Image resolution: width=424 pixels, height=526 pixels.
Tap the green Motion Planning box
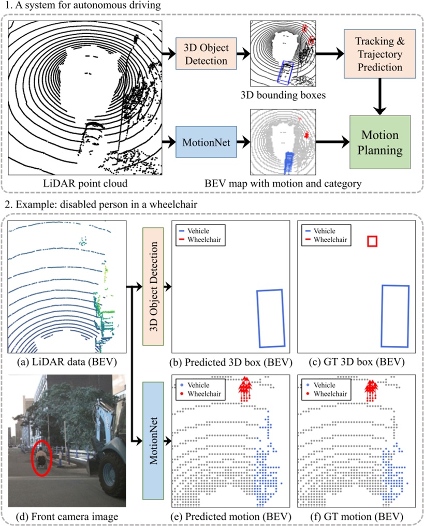[380, 142]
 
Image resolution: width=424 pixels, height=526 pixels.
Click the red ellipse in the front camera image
[40, 458]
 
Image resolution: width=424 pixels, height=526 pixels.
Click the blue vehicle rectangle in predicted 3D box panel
[271, 318]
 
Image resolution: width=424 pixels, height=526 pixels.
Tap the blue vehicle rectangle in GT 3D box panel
[396, 315]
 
